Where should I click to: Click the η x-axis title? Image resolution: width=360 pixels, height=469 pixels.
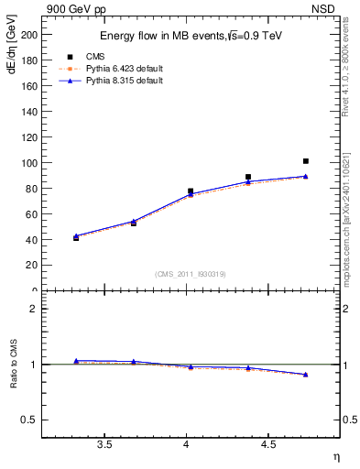(336, 455)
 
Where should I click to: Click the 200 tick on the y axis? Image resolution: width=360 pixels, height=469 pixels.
(29, 35)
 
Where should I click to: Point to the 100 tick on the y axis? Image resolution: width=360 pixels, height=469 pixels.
(29, 163)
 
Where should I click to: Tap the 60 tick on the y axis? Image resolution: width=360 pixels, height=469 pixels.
(32, 214)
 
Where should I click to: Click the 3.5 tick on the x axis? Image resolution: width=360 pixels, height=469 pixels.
(104, 445)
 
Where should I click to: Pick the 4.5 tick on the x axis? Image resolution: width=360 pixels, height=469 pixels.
(267, 445)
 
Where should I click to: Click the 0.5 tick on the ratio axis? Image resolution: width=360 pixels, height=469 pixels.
(30, 420)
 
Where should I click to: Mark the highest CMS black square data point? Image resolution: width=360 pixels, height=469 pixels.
(306, 161)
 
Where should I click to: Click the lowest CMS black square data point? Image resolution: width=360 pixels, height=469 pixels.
(76, 238)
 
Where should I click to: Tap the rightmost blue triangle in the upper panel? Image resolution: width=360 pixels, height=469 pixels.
(306, 176)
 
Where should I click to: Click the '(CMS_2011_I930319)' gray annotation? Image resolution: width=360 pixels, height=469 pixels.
(191, 274)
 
